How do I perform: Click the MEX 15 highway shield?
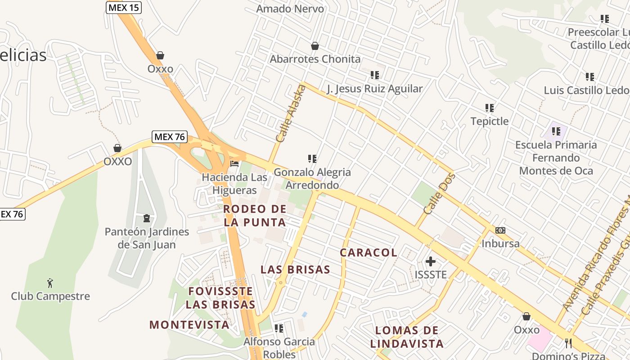[124, 7]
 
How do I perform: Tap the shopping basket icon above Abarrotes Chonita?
[315, 46]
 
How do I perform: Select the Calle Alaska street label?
[290, 114]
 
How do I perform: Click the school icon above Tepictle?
[490, 108]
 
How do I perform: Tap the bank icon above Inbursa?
[500, 230]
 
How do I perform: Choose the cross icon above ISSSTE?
[431, 261]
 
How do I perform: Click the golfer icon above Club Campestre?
[50, 283]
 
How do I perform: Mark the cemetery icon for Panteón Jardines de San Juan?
[146, 219]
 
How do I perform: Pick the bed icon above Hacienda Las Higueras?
[234, 163]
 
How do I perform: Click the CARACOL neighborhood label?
[369, 253]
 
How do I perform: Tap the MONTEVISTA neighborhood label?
[189, 324]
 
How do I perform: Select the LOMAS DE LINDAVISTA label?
[407, 337]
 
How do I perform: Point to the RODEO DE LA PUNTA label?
[255, 216]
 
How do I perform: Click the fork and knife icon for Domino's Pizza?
[568, 343]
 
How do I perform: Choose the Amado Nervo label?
[290, 9]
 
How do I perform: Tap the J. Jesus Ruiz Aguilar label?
[375, 89]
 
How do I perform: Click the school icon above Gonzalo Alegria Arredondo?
[312, 158]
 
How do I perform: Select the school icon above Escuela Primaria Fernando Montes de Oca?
[556, 131]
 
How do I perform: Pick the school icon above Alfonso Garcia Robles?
[279, 328]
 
